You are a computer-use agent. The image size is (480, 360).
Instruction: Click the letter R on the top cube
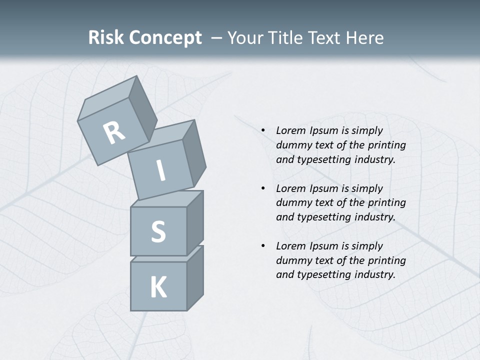tap(114, 133)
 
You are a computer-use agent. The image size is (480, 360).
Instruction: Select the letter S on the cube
tap(158, 231)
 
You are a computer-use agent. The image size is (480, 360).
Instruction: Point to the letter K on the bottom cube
tap(158, 287)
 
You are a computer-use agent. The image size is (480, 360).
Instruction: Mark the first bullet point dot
tap(263, 131)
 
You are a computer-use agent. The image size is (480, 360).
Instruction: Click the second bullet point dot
tap(263, 188)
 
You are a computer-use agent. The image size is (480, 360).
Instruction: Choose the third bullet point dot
tap(263, 246)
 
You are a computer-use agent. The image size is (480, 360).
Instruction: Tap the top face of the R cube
tap(107, 100)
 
